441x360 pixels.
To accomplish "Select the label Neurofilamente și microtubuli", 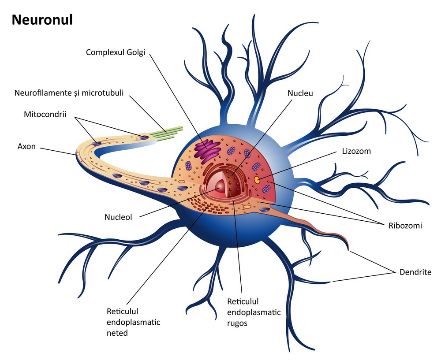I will pyautogui.click(x=69, y=93).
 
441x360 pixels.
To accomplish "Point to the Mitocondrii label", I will pyautogui.click(x=45, y=115).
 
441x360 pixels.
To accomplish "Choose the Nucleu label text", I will pyautogui.click(x=300, y=93).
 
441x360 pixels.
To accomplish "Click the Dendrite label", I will pyautogui.click(x=415, y=272).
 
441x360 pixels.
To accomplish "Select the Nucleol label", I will pyautogui.click(x=119, y=217).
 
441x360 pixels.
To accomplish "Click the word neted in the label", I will pyautogui.click(x=117, y=333).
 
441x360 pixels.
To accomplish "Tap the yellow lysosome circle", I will pyautogui.click(x=257, y=180).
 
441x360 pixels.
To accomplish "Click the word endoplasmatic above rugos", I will pyautogui.click(x=254, y=312).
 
